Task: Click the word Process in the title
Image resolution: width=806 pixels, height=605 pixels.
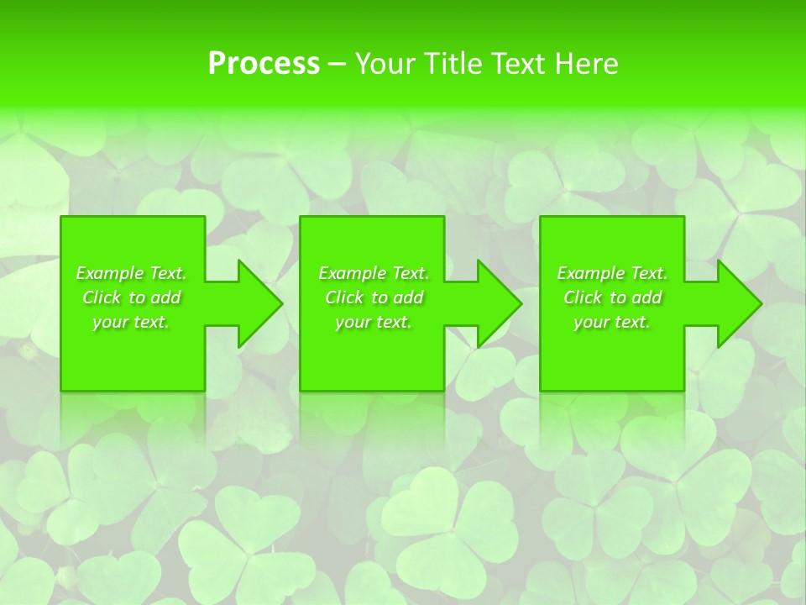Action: point(264,64)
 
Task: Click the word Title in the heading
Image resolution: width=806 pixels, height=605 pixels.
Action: point(451,64)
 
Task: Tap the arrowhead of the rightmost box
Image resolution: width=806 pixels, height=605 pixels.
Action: point(752,303)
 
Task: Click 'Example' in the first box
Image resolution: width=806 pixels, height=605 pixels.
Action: point(109,273)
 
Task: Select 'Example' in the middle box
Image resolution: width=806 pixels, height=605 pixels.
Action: point(352,273)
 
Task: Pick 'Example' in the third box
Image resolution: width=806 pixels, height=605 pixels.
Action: point(590,273)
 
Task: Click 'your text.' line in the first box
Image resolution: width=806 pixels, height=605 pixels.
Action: point(131,322)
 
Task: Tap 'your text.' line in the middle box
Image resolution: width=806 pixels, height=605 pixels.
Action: point(374,322)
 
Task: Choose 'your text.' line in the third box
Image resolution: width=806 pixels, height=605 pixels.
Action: point(612,322)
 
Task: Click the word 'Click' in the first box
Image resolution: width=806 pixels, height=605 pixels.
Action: point(101,297)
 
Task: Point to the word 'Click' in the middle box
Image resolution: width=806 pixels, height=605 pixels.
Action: point(343,297)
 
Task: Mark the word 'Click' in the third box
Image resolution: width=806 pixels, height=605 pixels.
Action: point(583,297)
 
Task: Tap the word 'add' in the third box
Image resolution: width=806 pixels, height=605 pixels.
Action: point(646,297)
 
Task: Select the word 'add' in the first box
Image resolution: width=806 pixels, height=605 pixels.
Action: point(165,297)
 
